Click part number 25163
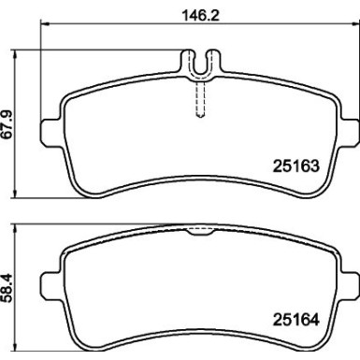click(297, 168)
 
